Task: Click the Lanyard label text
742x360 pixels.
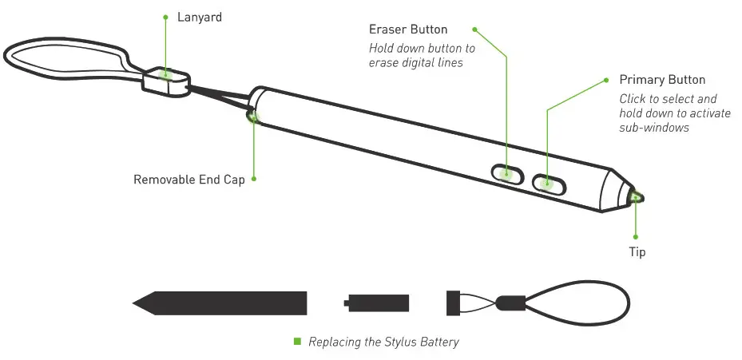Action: (x=199, y=17)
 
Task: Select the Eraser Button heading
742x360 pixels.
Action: (x=408, y=30)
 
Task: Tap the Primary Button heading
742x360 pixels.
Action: (x=662, y=80)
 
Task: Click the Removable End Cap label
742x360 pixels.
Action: (x=188, y=180)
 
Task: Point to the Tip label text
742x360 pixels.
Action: (x=637, y=252)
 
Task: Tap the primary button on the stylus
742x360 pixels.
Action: (x=548, y=184)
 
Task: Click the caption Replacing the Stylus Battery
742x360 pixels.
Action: (x=383, y=342)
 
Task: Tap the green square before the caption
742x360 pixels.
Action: (x=298, y=341)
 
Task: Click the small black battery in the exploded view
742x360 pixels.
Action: (x=378, y=303)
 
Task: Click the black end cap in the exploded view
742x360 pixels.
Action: (x=452, y=303)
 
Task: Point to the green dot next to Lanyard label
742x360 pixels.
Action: (x=166, y=17)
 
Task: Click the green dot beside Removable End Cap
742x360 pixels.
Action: (x=254, y=180)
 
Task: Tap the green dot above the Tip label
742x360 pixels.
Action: (x=637, y=237)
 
